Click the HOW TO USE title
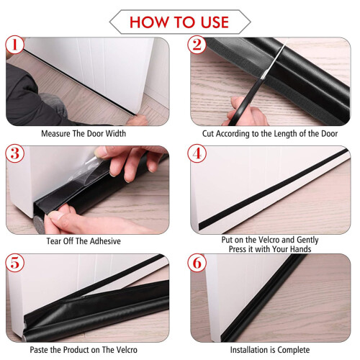coord(179,22)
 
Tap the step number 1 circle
coord(15,45)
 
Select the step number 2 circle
coord(197,45)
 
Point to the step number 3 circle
coord(15,153)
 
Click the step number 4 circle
coord(197,153)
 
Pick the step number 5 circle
coord(15,263)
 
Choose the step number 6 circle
coord(197,263)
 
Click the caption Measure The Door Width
coord(84,133)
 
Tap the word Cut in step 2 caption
coord(208,133)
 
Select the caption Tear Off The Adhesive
coord(84,241)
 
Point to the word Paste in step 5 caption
coord(39,350)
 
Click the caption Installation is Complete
coord(270,350)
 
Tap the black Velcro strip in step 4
coord(274,189)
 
